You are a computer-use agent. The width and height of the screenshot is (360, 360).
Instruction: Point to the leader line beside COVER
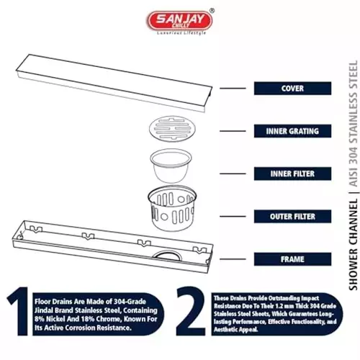tap(230, 89)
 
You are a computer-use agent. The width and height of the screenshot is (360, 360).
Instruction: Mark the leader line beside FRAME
tap(230, 258)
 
